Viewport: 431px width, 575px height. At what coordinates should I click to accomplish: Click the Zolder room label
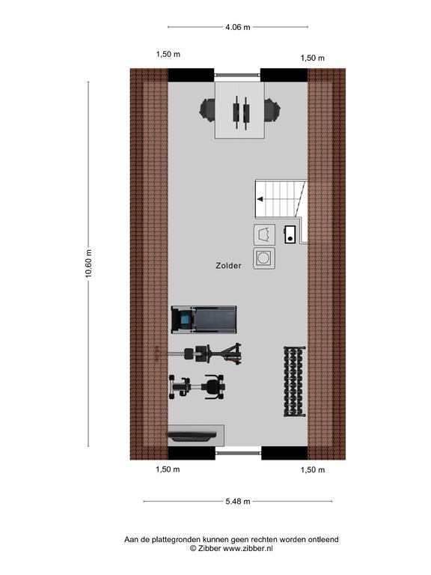pos(228,266)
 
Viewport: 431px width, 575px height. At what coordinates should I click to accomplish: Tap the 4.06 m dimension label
pos(238,27)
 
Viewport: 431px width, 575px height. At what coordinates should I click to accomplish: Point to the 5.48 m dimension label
pos(238,501)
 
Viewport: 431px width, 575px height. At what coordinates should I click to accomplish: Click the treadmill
pos(204,320)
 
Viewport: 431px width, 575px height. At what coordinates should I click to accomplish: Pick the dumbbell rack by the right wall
pos(294,381)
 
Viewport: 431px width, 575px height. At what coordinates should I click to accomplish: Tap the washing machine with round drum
pos(264,258)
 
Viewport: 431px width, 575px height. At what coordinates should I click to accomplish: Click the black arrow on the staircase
pos(260,199)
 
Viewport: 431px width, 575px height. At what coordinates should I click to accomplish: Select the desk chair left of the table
pos(207,109)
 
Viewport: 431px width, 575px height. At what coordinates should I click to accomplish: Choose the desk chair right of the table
pos(272,109)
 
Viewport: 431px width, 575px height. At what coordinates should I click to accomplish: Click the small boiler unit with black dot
pos(290,234)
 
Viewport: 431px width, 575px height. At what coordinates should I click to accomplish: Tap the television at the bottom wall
pos(192,436)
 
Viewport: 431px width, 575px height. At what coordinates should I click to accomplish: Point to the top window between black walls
pos(237,75)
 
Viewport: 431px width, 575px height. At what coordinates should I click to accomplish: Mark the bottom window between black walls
pos(238,453)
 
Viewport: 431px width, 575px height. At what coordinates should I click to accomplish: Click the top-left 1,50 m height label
pos(168,54)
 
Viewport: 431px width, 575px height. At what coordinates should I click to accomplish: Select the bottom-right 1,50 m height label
pos(313,469)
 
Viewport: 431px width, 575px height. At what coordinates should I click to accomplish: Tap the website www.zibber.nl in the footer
pos(248,549)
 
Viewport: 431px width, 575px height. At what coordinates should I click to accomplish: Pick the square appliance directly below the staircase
pos(264,234)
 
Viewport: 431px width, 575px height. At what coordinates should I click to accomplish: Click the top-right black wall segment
pos(284,75)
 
